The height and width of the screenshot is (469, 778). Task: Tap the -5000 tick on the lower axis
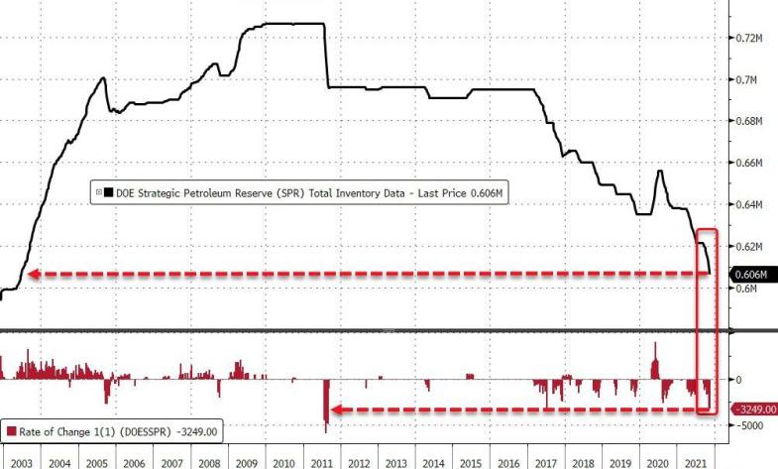click(x=750, y=425)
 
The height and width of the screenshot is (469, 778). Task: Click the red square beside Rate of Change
click(x=11, y=431)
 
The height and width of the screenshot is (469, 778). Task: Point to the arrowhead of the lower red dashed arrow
click(x=335, y=410)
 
